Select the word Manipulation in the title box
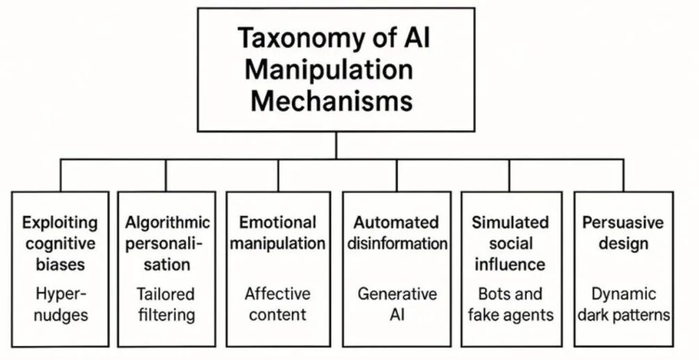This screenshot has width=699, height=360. point(329,69)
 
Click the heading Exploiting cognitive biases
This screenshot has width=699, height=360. point(60,243)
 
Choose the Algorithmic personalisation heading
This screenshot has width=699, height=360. point(167,243)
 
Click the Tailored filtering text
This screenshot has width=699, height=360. point(166,304)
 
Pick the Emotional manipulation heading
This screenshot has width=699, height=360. point(278,233)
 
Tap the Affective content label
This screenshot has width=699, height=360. point(278,304)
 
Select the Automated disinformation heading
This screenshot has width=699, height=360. point(396,233)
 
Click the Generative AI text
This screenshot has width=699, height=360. point(397,304)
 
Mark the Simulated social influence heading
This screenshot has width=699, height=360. point(511,243)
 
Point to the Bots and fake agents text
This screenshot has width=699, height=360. point(511,304)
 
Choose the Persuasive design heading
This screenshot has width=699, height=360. point(623,233)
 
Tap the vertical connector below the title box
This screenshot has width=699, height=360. point(336,146)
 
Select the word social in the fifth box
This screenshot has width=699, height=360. point(511,243)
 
